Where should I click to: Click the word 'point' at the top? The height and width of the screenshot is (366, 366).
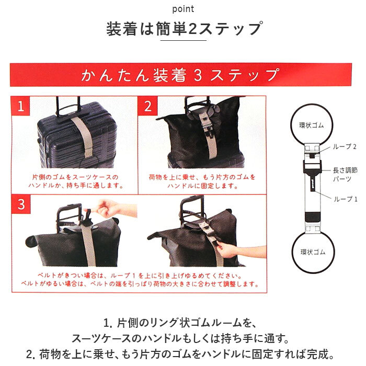click(183, 9)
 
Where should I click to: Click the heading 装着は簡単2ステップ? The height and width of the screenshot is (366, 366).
click(185, 29)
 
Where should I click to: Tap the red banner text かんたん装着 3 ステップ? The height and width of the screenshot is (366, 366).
click(180, 75)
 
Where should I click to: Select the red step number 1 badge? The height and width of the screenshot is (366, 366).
click(21, 106)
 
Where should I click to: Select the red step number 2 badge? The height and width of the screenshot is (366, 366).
click(148, 106)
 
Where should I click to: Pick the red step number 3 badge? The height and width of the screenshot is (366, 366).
click(21, 204)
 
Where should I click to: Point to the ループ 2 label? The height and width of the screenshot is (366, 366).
click(345, 146)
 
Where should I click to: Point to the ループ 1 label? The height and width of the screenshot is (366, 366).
click(346, 199)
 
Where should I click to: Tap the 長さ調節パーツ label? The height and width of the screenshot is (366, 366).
click(345, 175)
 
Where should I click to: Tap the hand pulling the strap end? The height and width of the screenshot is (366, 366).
click(238, 250)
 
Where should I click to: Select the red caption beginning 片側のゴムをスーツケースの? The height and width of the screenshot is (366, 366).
click(75, 181)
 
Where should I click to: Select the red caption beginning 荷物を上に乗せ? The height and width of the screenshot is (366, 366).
click(202, 181)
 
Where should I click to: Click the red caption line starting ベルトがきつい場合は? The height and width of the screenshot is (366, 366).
click(140, 276)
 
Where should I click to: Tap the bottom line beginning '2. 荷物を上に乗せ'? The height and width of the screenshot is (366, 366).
click(180, 354)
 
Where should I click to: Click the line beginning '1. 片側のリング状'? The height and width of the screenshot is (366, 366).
click(180, 323)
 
